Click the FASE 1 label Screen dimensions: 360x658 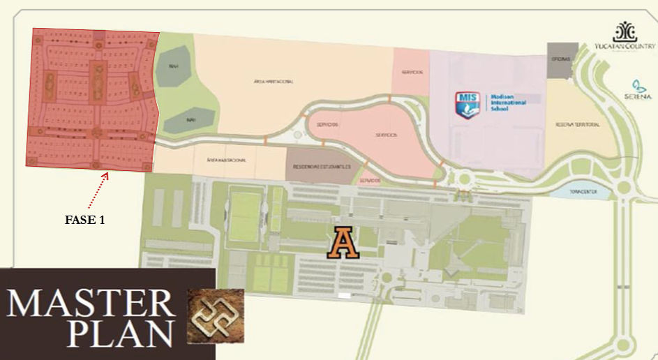click(x=84, y=219)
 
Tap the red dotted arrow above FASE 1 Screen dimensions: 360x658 click(x=102, y=188)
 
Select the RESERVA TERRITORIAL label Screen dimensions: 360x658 click(x=577, y=124)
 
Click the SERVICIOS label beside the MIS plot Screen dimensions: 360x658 click(x=412, y=73)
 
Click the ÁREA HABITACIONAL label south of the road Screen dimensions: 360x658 click(x=226, y=160)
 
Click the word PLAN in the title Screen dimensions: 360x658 click(x=121, y=334)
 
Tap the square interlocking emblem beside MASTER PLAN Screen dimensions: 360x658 click(x=216, y=316)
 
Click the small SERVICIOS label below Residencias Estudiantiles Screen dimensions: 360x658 click(x=370, y=181)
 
